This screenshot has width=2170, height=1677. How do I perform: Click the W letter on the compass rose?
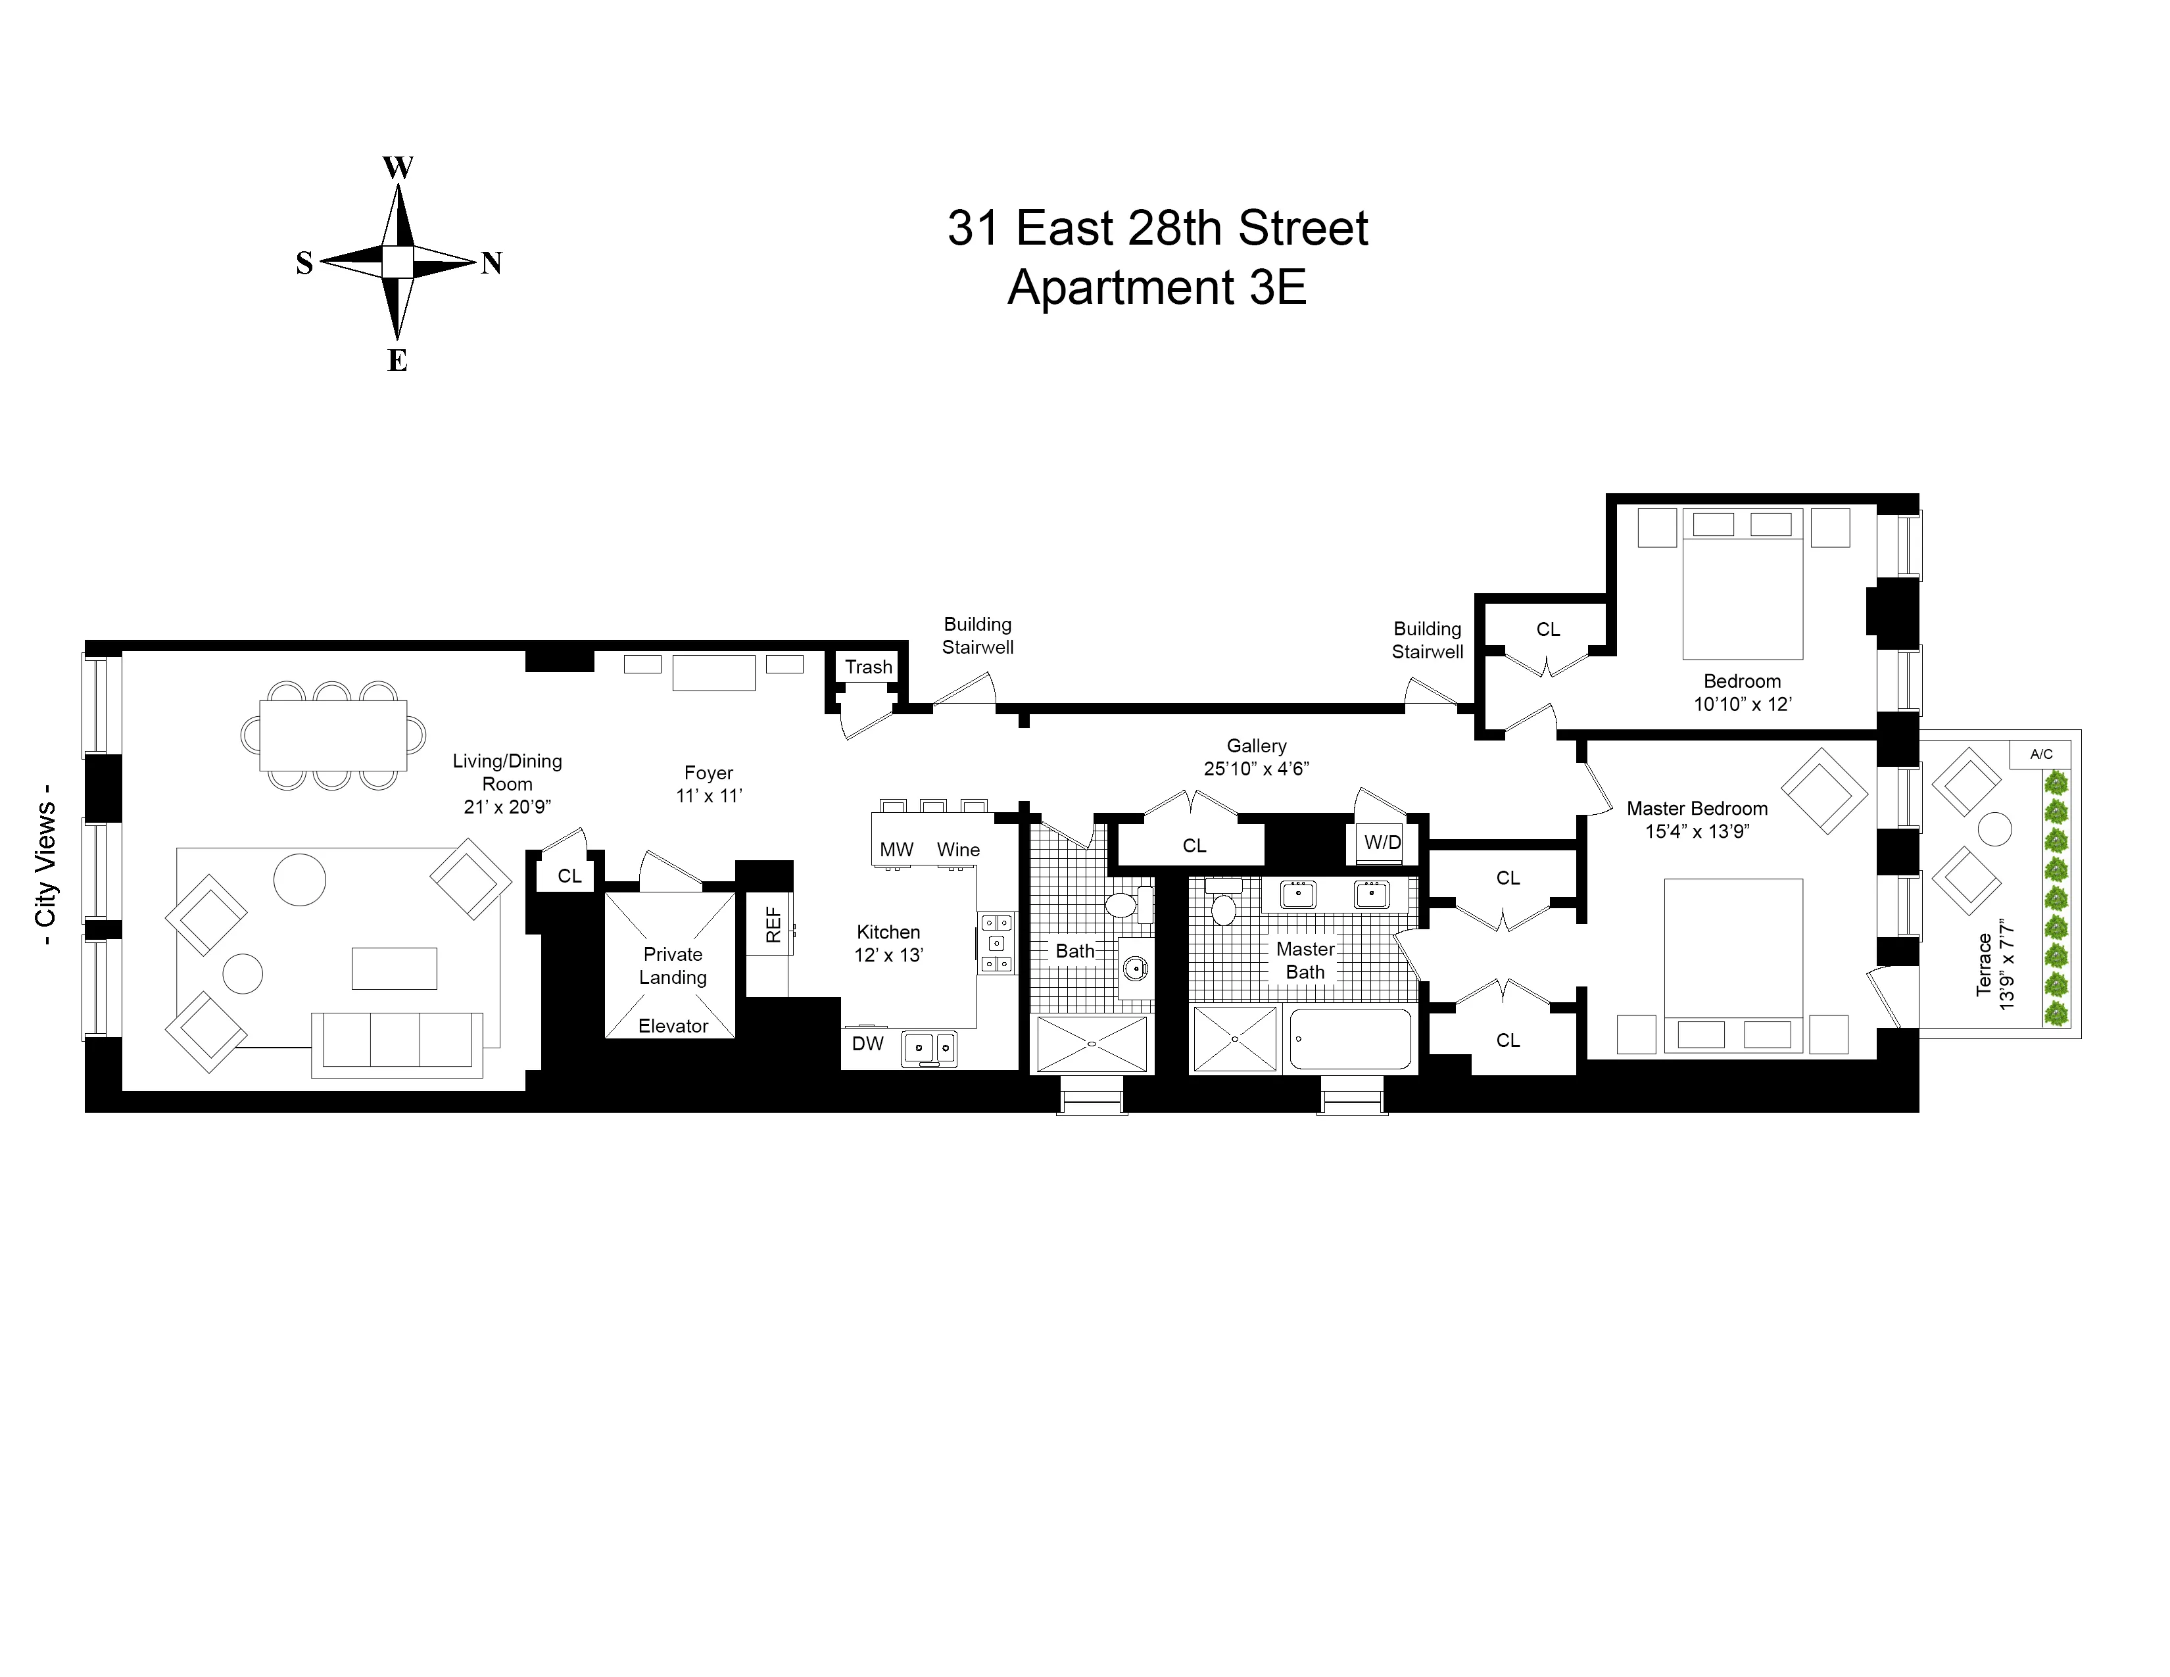397,167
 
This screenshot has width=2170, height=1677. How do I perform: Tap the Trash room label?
869,667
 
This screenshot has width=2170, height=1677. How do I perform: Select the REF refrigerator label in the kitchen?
774,925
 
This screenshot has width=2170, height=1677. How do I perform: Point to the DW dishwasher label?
867,1043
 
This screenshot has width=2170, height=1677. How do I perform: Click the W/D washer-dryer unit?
1382,842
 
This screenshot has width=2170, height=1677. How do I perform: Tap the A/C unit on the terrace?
2041,754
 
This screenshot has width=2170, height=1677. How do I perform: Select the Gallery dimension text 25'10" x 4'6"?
1256,768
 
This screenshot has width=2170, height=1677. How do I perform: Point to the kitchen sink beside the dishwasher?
929,1047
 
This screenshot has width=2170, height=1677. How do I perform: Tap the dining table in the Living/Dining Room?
333,735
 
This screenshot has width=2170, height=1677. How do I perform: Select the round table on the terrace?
1995,829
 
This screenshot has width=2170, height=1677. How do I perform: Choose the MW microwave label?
896,850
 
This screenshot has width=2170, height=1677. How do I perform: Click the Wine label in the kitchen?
958,850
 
